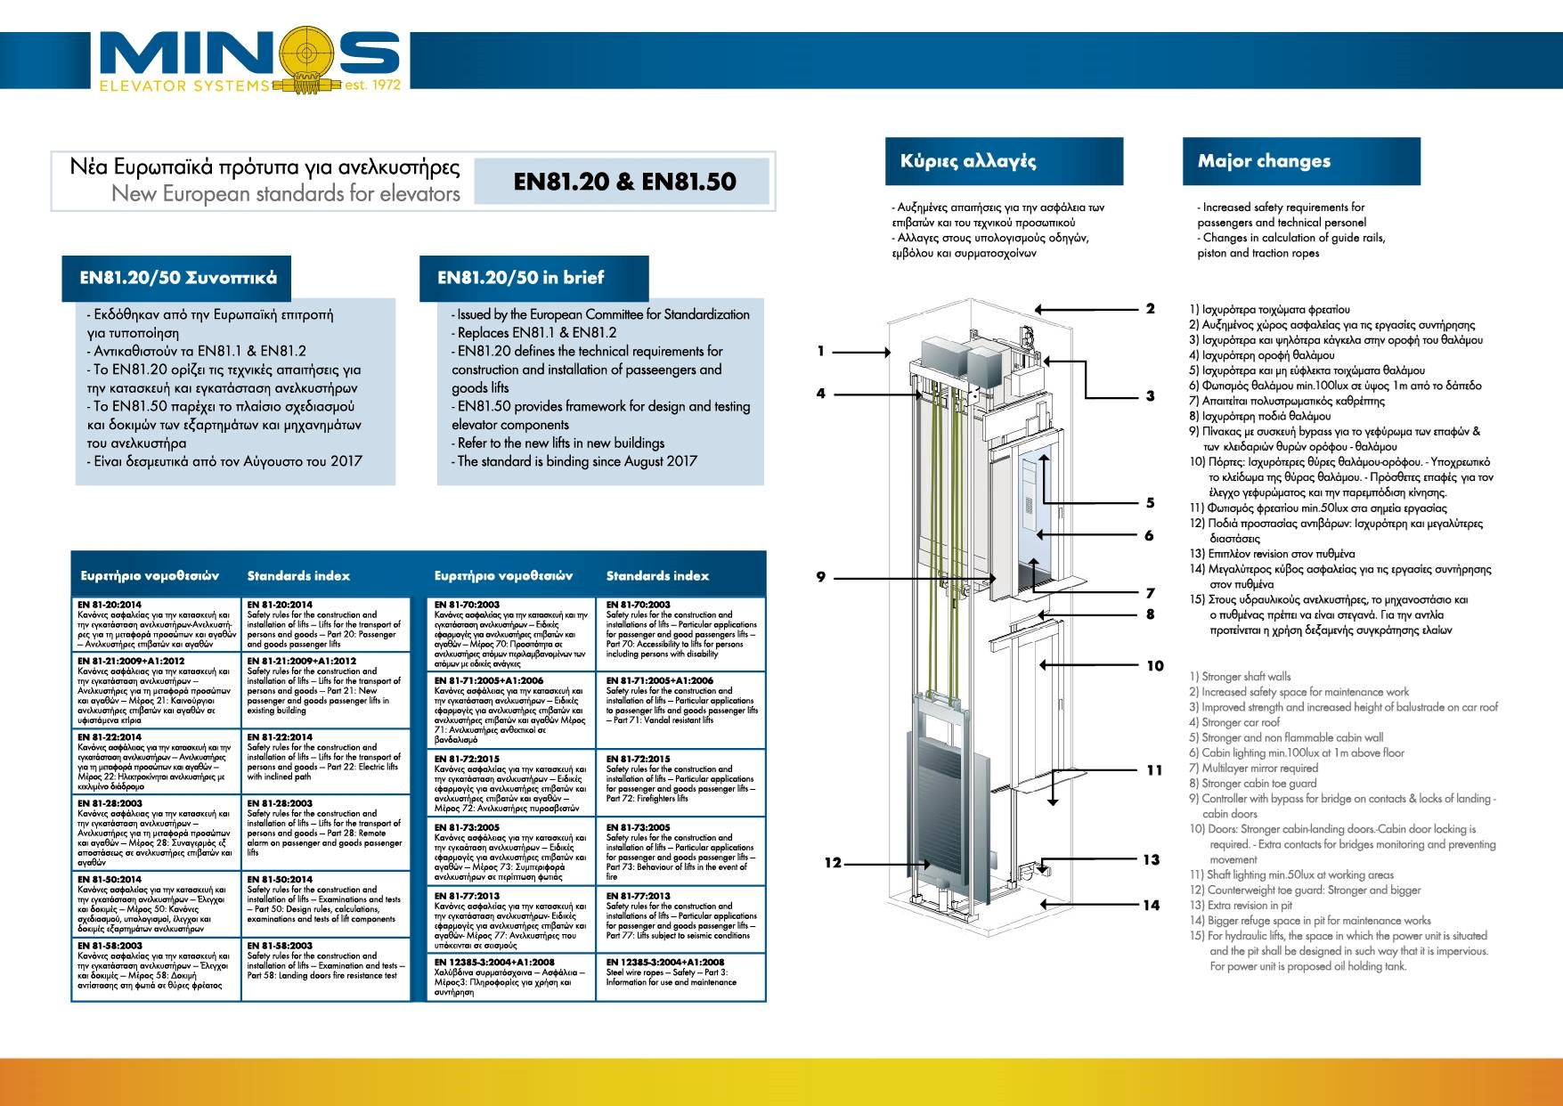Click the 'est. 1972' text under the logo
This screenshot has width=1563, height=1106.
tap(372, 85)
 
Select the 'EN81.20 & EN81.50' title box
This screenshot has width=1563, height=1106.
tap(624, 182)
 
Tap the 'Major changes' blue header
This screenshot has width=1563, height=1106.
tap(1300, 161)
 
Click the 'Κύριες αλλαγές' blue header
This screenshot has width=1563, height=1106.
tap(1004, 161)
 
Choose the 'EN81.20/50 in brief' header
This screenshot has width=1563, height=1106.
tap(533, 278)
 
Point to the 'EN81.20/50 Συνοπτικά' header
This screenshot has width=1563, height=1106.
tap(178, 278)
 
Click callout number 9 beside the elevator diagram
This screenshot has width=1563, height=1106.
tap(820, 577)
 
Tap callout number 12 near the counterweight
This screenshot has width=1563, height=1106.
tap(833, 862)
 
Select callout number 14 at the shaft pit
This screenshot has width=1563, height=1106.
tap(1152, 905)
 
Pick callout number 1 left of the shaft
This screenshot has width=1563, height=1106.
tap(820, 351)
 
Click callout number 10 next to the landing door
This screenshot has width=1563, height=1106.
tap(1155, 665)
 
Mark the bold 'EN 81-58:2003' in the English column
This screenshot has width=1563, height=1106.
tap(280, 946)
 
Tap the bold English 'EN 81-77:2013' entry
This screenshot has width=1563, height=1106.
tap(639, 896)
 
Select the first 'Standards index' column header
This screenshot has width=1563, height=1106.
tap(298, 576)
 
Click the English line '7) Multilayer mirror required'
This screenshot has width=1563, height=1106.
tap(1259, 768)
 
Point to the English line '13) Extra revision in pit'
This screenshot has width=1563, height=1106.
tap(1241, 905)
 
